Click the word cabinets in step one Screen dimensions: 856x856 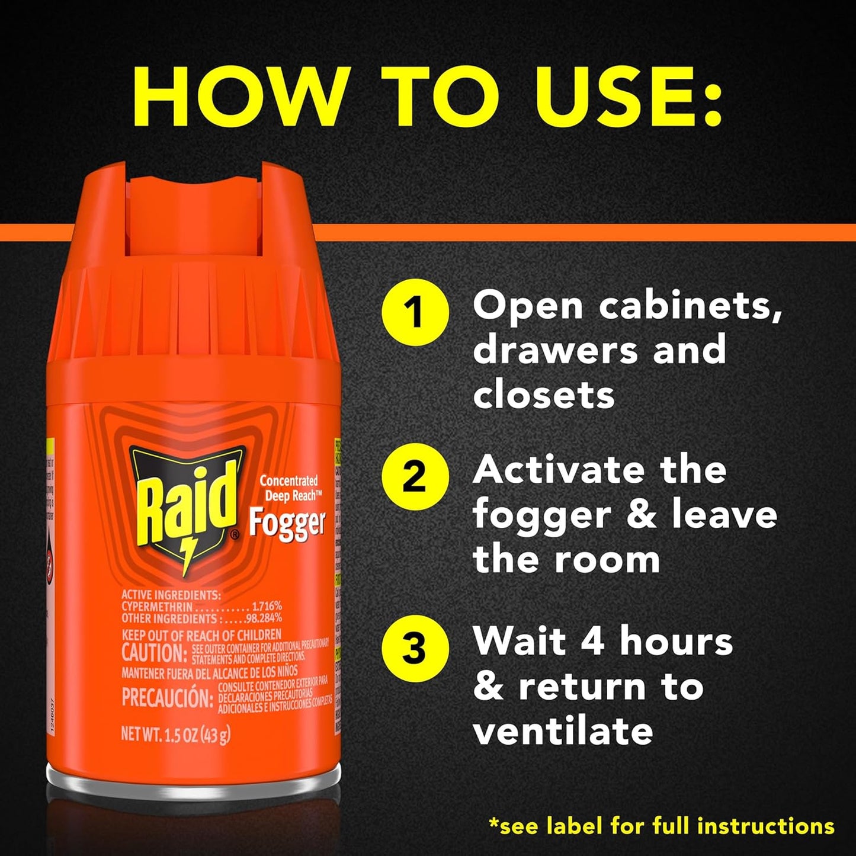[x=690, y=307]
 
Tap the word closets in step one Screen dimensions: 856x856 [x=544, y=395]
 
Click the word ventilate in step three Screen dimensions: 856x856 [x=563, y=731]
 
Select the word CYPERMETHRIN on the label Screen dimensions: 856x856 [x=157, y=607]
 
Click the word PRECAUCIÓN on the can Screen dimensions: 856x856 [x=167, y=698]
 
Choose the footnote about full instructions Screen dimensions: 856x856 [x=661, y=826]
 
